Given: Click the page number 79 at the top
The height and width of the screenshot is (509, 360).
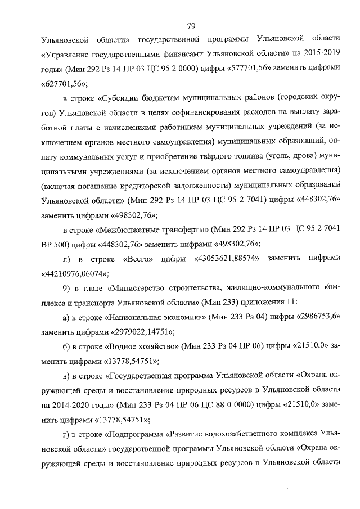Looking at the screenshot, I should [x=191, y=25].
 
